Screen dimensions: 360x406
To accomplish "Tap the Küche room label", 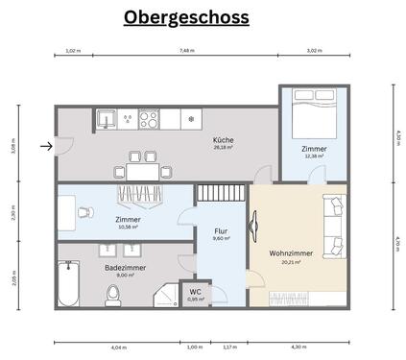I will click(x=224, y=140).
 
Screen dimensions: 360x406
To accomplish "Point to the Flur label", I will click(x=219, y=231).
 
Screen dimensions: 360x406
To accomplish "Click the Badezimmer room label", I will click(x=125, y=268).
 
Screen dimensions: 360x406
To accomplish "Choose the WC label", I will click(x=195, y=291).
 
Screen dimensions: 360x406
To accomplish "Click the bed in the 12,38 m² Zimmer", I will click(x=313, y=109).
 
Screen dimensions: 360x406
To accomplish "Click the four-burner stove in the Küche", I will click(x=149, y=120).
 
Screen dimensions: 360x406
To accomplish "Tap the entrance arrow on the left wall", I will click(x=46, y=147).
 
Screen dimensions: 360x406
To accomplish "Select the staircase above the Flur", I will click(x=222, y=194).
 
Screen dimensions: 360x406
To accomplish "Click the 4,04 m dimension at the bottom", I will click(x=118, y=347).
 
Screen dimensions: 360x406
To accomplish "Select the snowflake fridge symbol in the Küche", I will click(x=191, y=120).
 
